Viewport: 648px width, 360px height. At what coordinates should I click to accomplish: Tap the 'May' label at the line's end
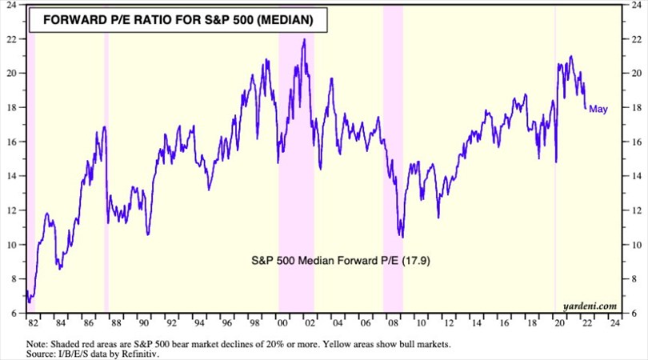click(x=598, y=110)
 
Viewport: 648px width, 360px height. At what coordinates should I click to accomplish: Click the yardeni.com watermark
click(x=590, y=306)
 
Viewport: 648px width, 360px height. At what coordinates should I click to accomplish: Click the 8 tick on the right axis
click(x=632, y=278)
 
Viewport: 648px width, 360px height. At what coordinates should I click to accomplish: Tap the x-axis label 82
click(x=32, y=324)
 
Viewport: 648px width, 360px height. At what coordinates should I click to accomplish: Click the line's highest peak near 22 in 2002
click(x=304, y=39)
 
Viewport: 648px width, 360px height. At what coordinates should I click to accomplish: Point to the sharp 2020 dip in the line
click(x=556, y=162)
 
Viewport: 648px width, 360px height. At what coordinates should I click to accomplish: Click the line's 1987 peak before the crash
click(x=103, y=127)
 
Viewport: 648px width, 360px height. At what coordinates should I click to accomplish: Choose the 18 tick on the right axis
click(x=632, y=107)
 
